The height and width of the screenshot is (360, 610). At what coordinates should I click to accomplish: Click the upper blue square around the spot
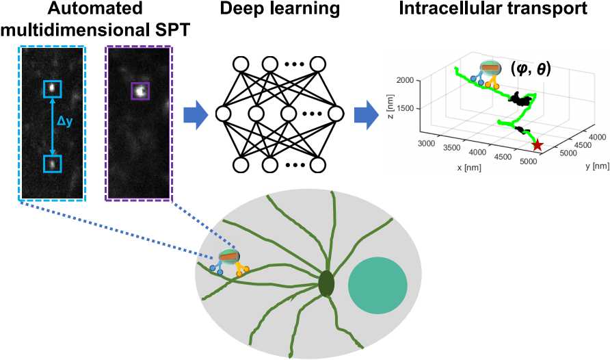point(53,88)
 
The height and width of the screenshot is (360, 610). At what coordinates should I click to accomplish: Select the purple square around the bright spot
point(140,90)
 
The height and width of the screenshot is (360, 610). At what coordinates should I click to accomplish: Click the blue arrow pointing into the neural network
point(194,114)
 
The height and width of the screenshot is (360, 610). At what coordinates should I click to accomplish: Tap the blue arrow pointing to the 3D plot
point(365,114)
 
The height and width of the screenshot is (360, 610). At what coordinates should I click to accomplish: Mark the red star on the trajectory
point(538,145)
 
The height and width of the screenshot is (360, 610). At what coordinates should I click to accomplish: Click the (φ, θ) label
point(531,69)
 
